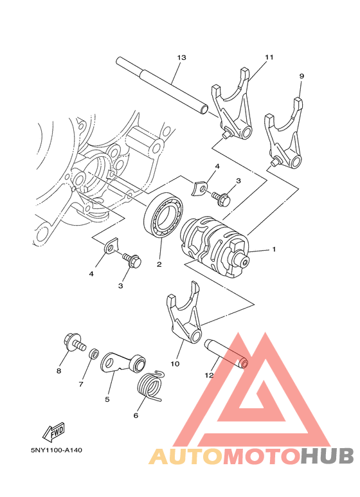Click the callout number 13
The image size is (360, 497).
[x=181, y=57]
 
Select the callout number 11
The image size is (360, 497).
[x=269, y=57]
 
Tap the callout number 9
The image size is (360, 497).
[x=301, y=76]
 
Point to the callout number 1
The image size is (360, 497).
[x=273, y=249]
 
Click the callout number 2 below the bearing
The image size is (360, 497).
[x=158, y=264]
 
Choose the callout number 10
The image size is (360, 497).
[x=175, y=364]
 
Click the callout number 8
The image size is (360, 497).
[x=59, y=370]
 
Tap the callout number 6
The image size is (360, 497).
[x=136, y=415]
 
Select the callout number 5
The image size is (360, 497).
[x=107, y=399]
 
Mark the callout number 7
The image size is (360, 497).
[x=82, y=384]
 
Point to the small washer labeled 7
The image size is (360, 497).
[x=93, y=353]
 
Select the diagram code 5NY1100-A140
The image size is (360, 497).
[x=56, y=449]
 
